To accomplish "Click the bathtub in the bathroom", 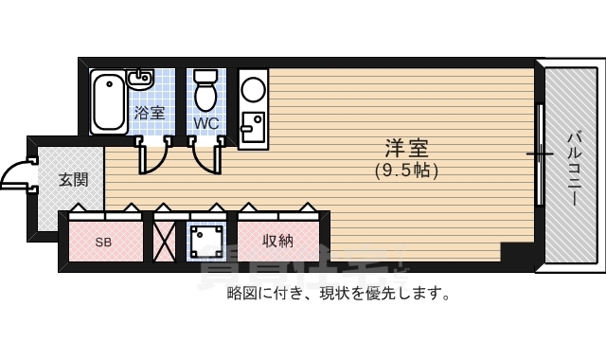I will click(109, 101).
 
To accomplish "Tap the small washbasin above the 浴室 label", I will click(141, 78).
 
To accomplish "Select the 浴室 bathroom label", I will click(149, 112).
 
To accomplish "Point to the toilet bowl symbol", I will click(205, 92).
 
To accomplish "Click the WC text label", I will click(205, 123).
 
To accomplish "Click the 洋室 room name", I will click(406, 149).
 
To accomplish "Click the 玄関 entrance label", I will click(73, 179).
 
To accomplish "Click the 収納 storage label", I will click(277, 241).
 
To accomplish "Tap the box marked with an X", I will click(165, 241).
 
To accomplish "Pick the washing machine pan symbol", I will click(207, 241).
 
